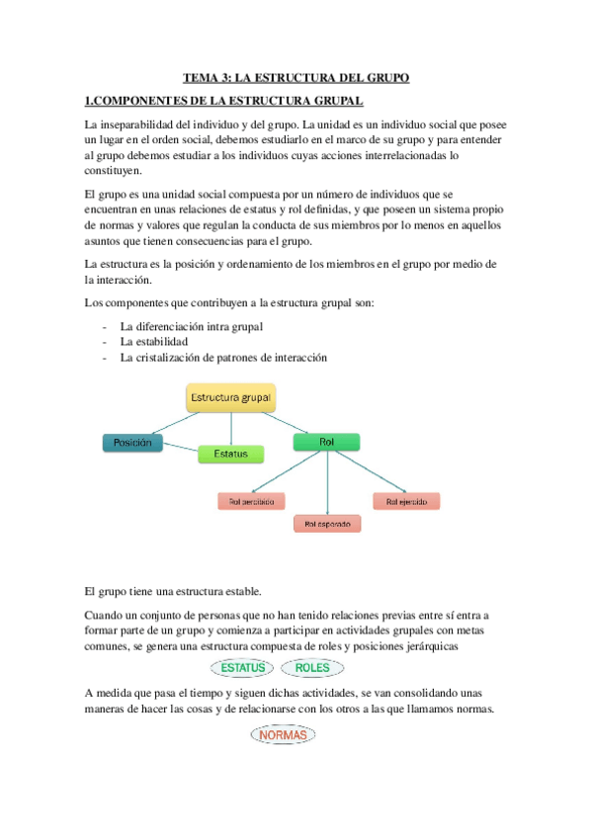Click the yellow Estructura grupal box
(231, 398)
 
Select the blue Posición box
(132, 443)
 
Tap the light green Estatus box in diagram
(231, 455)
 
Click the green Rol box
(327, 442)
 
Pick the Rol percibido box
(251, 501)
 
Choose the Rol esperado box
(327, 524)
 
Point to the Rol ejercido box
(406, 501)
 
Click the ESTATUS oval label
(243, 668)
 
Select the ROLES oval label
(312, 668)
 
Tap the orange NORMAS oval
(284, 735)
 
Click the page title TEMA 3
(296, 78)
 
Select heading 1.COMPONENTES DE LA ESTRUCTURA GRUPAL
(224, 101)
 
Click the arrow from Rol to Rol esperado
(327, 484)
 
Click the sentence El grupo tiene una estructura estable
(174, 591)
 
